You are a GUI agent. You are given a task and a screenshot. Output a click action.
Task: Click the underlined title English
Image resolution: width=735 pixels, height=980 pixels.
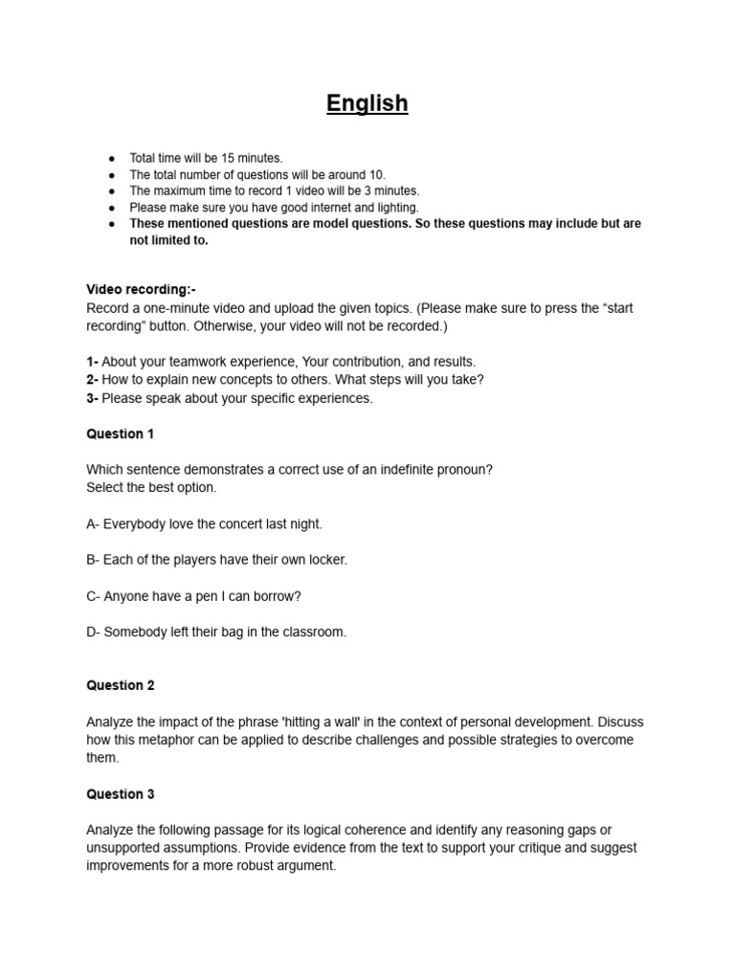(x=367, y=103)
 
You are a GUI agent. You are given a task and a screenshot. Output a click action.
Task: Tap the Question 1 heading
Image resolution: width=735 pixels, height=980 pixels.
(x=120, y=434)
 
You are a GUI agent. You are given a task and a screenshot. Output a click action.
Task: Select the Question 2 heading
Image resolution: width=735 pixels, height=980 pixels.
(x=120, y=685)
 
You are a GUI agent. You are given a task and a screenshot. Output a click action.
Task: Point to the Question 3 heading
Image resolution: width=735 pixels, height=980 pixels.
(x=120, y=794)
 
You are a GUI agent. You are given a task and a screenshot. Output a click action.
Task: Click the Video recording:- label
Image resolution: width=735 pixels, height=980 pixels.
(x=141, y=289)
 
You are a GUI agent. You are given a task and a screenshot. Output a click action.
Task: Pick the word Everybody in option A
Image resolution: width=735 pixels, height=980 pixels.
(x=135, y=523)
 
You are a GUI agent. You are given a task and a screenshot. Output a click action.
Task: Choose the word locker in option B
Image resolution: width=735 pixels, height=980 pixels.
(x=325, y=560)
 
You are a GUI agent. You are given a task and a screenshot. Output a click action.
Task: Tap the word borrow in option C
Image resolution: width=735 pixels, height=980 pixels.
(x=276, y=596)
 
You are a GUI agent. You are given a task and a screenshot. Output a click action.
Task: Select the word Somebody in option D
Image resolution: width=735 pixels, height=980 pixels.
(x=136, y=632)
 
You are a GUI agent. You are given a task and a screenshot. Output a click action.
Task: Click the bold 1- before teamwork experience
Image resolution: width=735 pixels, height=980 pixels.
(x=93, y=362)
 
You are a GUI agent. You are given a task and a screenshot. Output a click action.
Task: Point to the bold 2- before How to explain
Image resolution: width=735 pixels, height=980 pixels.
(x=93, y=380)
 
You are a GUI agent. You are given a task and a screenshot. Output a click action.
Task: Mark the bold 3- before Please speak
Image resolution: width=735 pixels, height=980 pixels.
(x=93, y=398)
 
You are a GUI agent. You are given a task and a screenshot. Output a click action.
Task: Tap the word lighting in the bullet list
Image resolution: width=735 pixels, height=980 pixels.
(x=397, y=207)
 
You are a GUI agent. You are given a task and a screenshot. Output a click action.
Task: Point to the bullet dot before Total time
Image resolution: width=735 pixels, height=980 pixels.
(x=112, y=158)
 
